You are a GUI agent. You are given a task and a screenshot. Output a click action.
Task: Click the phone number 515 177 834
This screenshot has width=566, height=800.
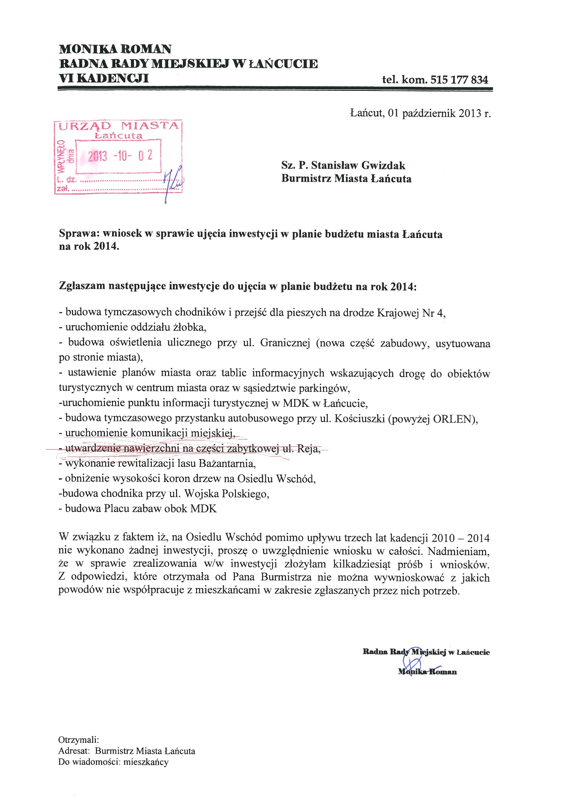pos(459,80)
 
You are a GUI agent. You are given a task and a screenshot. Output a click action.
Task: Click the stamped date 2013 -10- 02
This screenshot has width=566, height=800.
pos(120,155)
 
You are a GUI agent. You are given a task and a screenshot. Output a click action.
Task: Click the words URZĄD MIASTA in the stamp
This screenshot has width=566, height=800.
pos(118,126)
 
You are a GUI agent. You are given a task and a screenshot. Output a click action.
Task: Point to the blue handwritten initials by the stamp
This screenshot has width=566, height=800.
pos(173,181)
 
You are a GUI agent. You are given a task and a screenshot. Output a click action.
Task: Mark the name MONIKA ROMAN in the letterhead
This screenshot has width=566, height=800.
pos(115,49)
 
